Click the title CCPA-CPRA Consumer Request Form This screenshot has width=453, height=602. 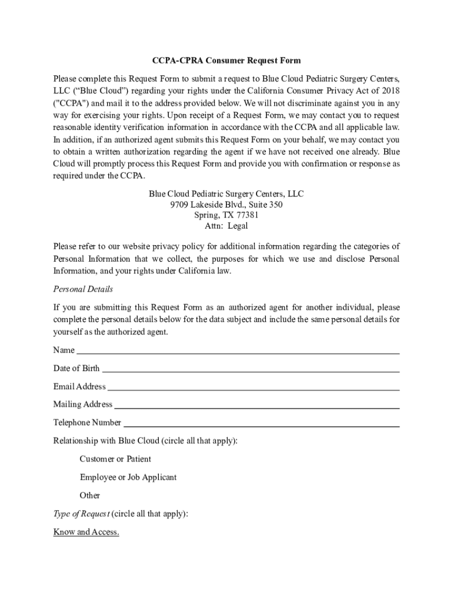[226, 61]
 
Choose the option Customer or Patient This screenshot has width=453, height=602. [115, 459]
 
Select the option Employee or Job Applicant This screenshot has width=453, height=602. [128, 477]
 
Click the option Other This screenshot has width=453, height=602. [90, 496]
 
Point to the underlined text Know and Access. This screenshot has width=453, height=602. [86, 533]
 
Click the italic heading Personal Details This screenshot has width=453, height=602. [83, 289]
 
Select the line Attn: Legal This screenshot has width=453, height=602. [226, 226]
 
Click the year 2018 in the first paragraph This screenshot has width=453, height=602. [389, 91]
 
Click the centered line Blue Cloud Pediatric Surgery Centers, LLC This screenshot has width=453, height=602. [226, 194]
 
